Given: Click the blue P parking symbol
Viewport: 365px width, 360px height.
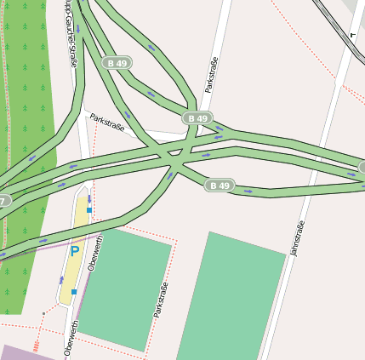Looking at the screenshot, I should click(74, 251).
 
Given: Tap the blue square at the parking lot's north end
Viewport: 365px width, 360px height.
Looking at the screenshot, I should click(88, 209).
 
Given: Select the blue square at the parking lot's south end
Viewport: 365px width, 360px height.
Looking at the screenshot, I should click(74, 292).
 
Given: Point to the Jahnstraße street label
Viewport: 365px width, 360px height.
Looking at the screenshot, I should click(297, 238).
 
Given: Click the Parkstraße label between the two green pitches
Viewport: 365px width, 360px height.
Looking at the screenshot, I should click(160, 300).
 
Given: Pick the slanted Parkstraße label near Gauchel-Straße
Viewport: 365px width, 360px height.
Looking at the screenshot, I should click(108, 123).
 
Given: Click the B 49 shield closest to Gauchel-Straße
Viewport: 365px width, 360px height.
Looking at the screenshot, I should click(117, 63).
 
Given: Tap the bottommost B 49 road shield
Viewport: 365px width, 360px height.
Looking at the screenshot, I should click(220, 185).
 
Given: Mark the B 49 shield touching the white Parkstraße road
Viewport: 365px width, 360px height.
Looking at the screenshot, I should click(197, 118).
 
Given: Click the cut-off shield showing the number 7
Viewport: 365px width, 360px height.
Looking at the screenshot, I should click(4, 201).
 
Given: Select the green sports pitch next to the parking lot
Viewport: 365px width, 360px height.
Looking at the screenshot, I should click(124, 289).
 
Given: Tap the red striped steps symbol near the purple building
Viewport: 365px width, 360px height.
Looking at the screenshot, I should click(36, 346).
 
